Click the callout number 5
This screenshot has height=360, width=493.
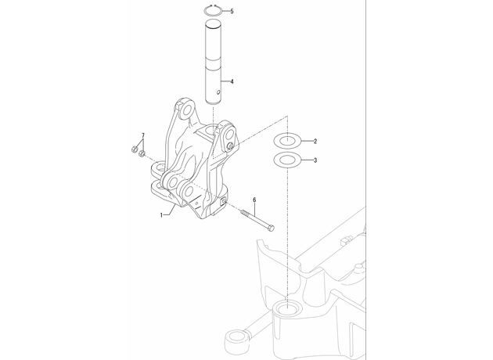point(232,11)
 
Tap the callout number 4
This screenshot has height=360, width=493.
point(232,81)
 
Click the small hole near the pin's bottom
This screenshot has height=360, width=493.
point(218,92)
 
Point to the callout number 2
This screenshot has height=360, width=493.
point(315,141)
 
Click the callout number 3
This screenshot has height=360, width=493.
point(315,160)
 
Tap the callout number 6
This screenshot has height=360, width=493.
point(254,200)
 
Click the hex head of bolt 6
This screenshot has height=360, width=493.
point(271,229)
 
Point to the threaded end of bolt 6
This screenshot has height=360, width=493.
point(245,213)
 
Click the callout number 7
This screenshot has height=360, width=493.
point(143,135)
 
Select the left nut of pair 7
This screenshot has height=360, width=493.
point(134,149)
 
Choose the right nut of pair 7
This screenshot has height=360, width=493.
point(142,153)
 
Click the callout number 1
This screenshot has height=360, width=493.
point(162,215)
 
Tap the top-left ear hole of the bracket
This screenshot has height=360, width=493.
point(187,110)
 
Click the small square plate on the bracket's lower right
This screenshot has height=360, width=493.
point(224,202)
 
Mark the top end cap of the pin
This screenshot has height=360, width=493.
point(214,24)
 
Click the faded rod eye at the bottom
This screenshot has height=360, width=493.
point(234,340)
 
